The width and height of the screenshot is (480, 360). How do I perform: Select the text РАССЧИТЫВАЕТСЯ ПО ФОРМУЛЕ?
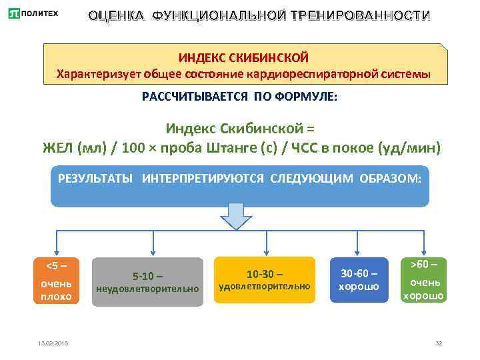click(240, 97)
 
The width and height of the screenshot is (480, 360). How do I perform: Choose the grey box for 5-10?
click(147, 282)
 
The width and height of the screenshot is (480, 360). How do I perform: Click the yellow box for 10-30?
click(265, 280)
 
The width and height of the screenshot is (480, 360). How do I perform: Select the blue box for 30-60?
click(359, 281)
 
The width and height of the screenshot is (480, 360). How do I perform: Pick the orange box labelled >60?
click(423, 280)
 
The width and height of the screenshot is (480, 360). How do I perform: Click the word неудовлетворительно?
click(147, 289)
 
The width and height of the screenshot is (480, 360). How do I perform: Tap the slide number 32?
click(438, 343)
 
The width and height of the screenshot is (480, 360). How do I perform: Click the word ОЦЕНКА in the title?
click(117, 15)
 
